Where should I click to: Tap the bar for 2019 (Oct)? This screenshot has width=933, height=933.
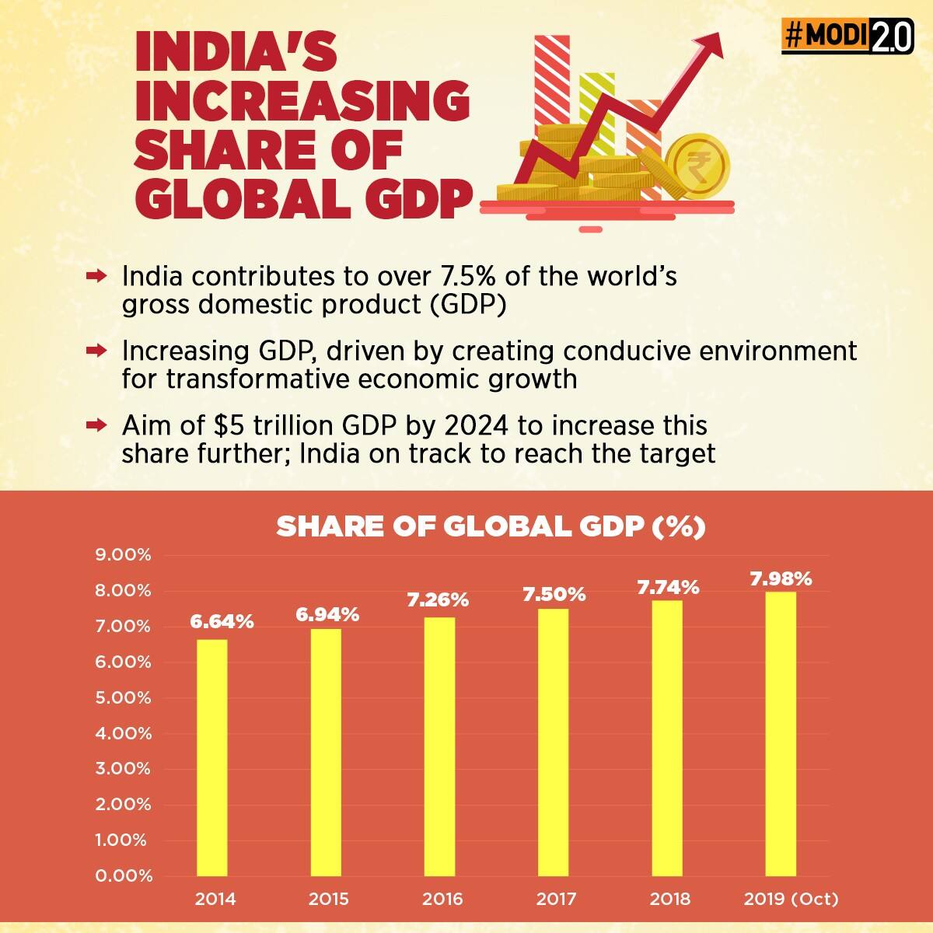[x=781, y=734]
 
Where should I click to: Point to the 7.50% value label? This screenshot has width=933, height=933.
[x=554, y=595]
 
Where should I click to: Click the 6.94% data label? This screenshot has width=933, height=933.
[x=327, y=614]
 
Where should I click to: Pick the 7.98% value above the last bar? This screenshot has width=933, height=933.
[x=781, y=578]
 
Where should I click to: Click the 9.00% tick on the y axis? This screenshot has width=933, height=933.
[x=123, y=555]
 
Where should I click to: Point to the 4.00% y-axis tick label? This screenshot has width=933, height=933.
[x=123, y=733]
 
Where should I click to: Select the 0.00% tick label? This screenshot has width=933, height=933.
[x=123, y=875]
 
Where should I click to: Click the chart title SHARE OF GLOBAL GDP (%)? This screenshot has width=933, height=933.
[x=491, y=526]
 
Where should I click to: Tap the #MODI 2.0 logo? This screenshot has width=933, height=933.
[x=847, y=37]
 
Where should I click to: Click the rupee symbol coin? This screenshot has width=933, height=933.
[x=697, y=166]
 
